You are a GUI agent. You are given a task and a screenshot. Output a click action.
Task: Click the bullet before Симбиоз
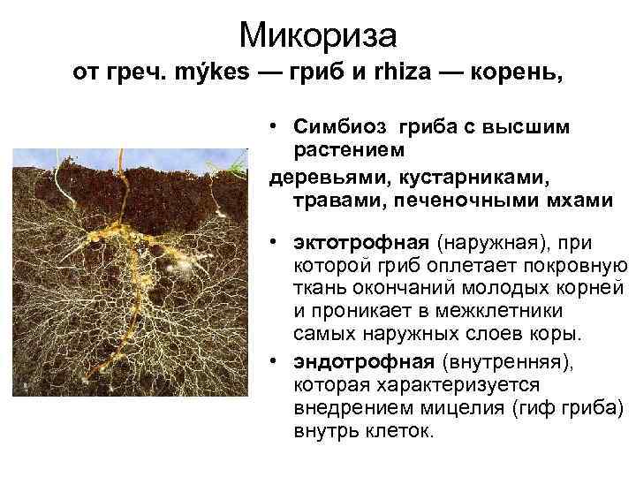(276, 127)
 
